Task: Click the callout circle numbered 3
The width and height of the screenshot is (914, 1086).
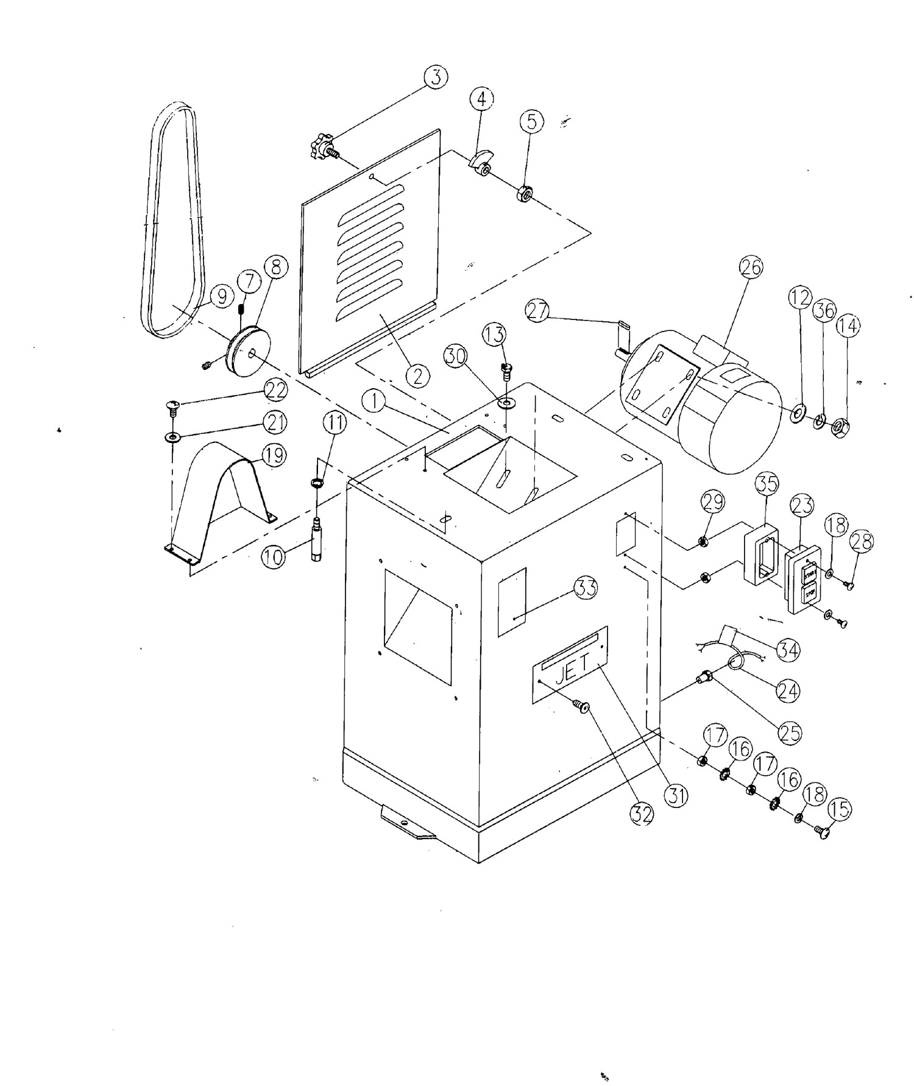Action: click(436, 78)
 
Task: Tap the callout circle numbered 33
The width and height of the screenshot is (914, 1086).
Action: click(586, 588)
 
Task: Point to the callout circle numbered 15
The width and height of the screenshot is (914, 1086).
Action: click(840, 810)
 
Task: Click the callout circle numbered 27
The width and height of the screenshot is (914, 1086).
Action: click(537, 310)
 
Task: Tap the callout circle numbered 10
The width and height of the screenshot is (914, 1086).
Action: click(274, 556)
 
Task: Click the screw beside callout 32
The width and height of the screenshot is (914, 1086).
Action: click(580, 708)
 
